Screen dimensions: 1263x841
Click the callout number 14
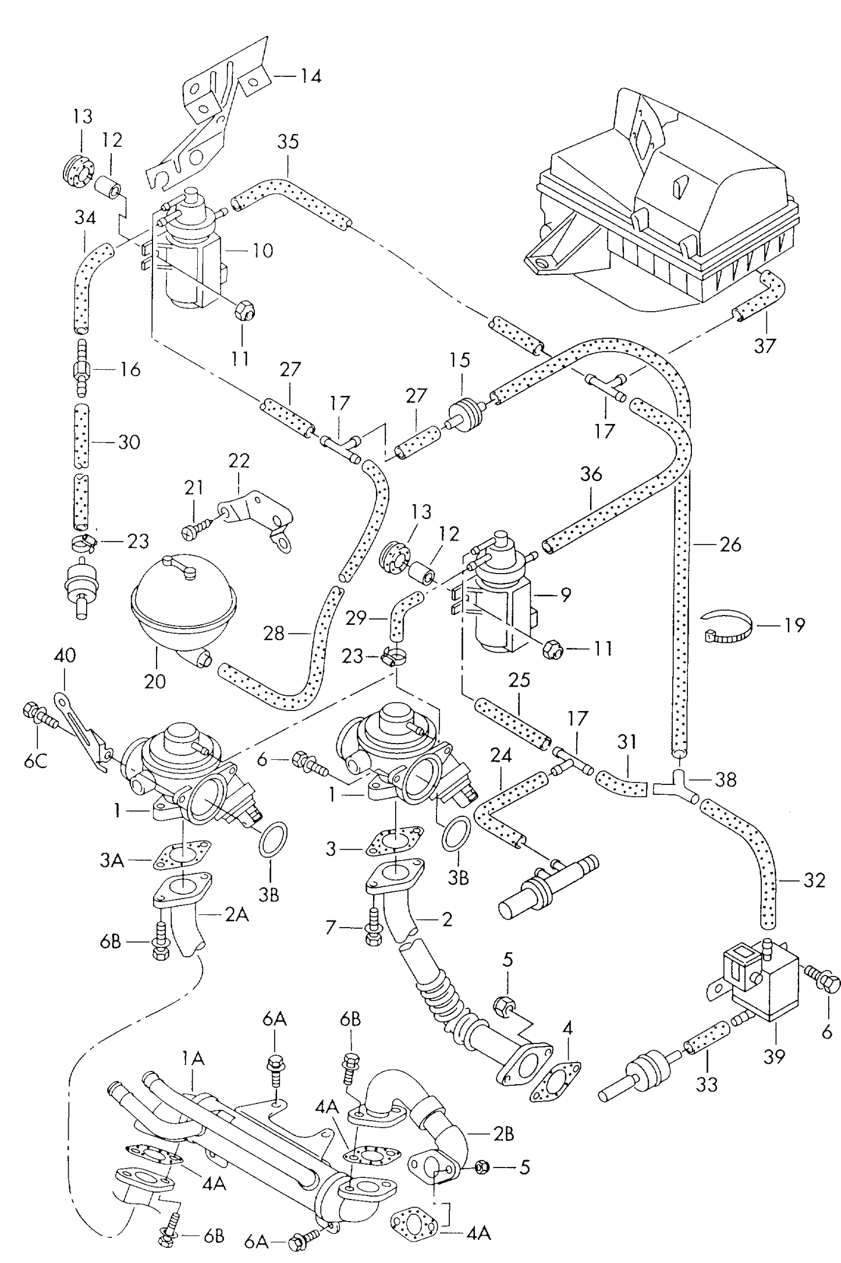point(311,76)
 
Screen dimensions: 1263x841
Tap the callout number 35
point(288,141)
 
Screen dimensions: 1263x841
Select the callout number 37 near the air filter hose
point(765,346)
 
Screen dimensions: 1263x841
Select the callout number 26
point(730,544)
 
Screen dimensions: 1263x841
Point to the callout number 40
point(65,656)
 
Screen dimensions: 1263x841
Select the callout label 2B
point(503,1134)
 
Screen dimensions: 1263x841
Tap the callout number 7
point(331,927)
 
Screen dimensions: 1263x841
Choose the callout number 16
point(131,369)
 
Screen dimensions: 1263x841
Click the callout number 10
point(262,250)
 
